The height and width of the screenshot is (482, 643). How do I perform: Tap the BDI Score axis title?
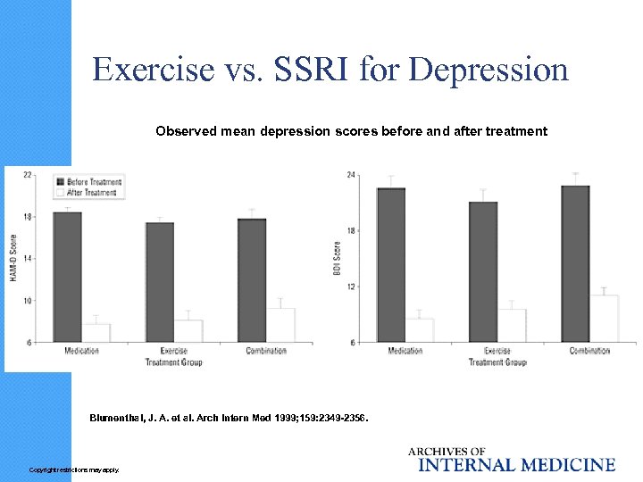pos(338,257)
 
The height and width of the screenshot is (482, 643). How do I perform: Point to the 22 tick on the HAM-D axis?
pos(28,174)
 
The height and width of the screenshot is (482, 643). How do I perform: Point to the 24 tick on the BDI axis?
pos(352,174)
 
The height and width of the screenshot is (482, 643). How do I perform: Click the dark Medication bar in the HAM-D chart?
pos(68,277)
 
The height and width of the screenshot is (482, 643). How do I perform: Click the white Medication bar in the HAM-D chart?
pos(96,333)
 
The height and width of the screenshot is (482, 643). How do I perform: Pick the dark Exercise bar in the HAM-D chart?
pos(160,281)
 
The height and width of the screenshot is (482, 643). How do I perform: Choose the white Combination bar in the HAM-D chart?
pos(280,325)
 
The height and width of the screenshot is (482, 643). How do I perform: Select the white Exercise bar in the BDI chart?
pos(512,325)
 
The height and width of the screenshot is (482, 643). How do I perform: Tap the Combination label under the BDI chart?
pos(589,351)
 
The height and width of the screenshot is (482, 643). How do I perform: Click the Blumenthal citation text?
pos(228,418)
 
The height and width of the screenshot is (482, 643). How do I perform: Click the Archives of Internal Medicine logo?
pos(512,459)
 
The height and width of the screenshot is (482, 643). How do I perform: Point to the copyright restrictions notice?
pos(73,470)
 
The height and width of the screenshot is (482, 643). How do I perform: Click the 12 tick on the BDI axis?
pos(352,287)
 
